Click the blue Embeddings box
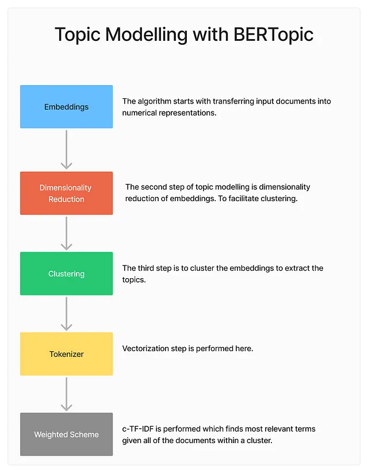[x=67, y=106]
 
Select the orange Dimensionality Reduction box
[x=67, y=193]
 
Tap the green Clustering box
[x=67, y=274]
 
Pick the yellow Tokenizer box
[x=67, y=354]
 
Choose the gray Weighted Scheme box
[x=67, y=434]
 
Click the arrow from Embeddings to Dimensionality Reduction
[x=67, y=149]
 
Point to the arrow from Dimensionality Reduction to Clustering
[x=67, y=233]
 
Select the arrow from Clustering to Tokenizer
[x=67, y=314]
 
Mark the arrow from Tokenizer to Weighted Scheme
[x=67, y=394]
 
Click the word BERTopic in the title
[x=274, y=35]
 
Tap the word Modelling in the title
[x=147, y=34]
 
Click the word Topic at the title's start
[x=78, y=35]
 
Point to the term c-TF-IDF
[x=137, y=429]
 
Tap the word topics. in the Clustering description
[x=134, y=280]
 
